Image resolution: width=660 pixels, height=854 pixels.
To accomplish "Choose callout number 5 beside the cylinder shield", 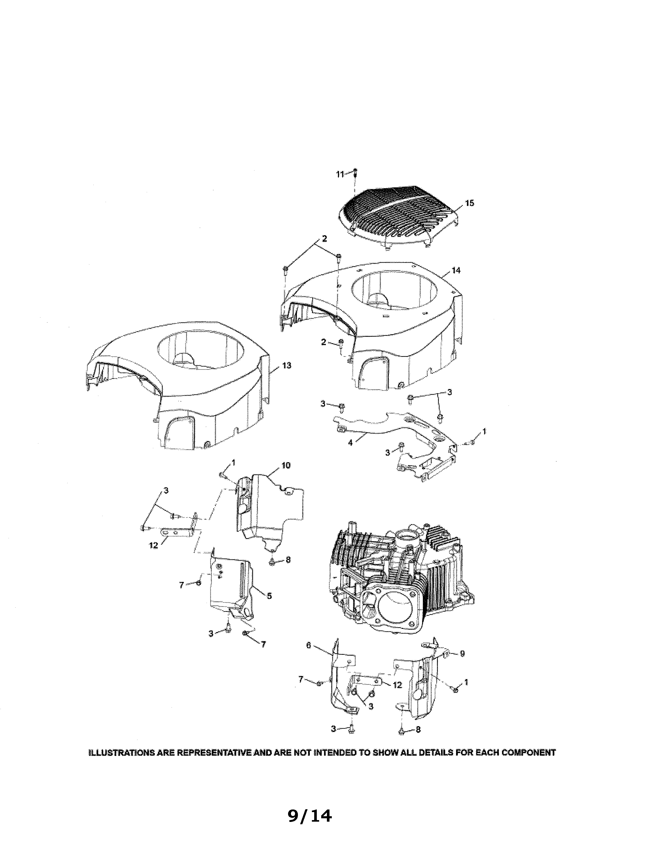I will [269, 596].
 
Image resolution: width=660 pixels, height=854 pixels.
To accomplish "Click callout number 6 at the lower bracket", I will [309, 646].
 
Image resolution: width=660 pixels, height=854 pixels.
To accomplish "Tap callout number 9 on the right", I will [462, 653].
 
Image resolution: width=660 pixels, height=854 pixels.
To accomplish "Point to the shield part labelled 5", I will [231, 586].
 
